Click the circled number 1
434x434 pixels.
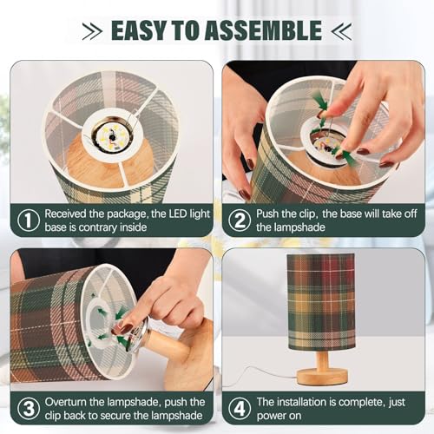(29, 220)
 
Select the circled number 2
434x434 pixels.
(240, 220)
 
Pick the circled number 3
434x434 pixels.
(29, 409)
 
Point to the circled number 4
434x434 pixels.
(240, 409)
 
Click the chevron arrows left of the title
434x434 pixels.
(92, 31)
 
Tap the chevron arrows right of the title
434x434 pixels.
(341, 31)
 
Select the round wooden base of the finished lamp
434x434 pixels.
(322, 377)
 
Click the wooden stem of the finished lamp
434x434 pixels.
(323, 359)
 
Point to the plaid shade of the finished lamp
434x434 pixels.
(321, 302)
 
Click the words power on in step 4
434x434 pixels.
(279, 417)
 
